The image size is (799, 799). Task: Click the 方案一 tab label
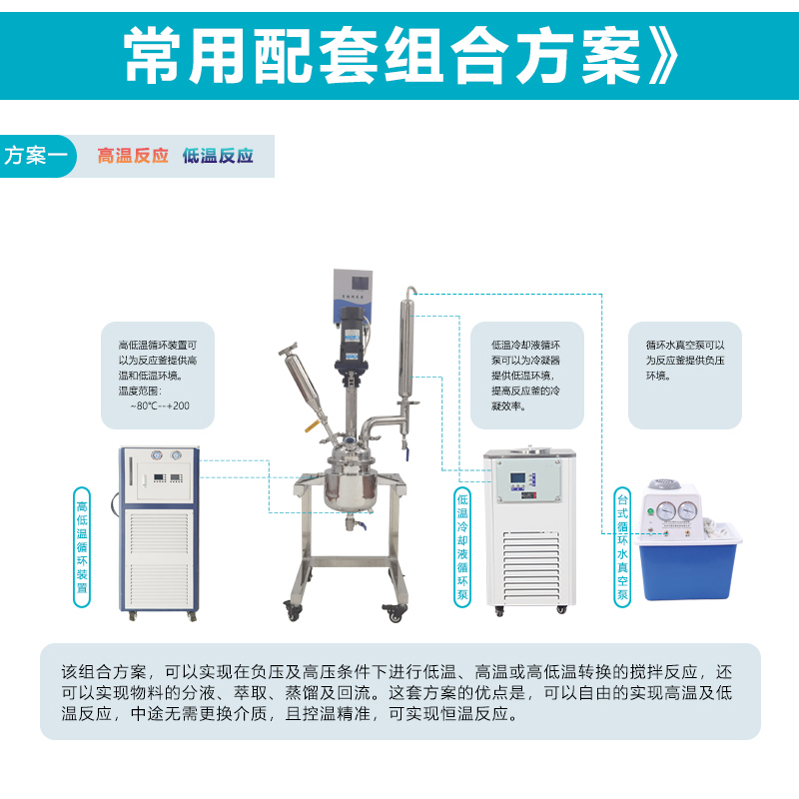pos(36,156)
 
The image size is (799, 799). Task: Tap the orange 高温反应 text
pos(133,156)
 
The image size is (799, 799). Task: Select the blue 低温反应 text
pos(218,156)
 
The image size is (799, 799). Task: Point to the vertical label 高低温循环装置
pos(82,547)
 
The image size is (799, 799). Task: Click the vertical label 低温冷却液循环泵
pos(462,547)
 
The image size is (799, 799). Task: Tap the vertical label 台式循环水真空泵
pos(622,547)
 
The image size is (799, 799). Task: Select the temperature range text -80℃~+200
pos(160,406)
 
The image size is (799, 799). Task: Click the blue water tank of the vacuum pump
pos(689,565)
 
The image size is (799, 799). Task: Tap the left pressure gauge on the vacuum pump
pos(665,510)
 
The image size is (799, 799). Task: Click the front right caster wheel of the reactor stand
pos(395,613)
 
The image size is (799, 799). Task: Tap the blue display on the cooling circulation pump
pos(517,478)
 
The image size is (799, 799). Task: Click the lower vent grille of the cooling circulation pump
pos(531,564)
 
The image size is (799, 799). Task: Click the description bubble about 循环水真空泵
pos(685,376)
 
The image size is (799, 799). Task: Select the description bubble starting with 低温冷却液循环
pos(527,376)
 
